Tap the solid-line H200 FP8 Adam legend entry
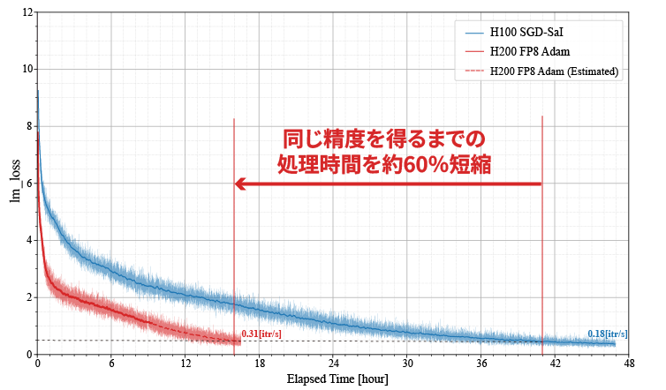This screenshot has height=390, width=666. click(529, 52)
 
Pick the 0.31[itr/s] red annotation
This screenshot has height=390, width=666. click(261, 334)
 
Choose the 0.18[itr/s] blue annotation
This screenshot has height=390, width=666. click(608, 334)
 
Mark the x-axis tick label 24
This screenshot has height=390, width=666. click(333, 364)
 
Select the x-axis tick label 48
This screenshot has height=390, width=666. click(629, 364)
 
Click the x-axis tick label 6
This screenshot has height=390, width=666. click(111, 364)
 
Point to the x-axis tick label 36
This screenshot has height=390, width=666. click(481, 364)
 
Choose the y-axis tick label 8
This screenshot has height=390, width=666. click(29, 126)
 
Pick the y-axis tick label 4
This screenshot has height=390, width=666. click(29, 240)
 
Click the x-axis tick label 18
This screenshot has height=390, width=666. click(260, 364)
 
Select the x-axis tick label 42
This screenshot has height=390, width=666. click(555, 364)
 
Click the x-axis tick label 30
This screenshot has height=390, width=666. click(407, 364)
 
